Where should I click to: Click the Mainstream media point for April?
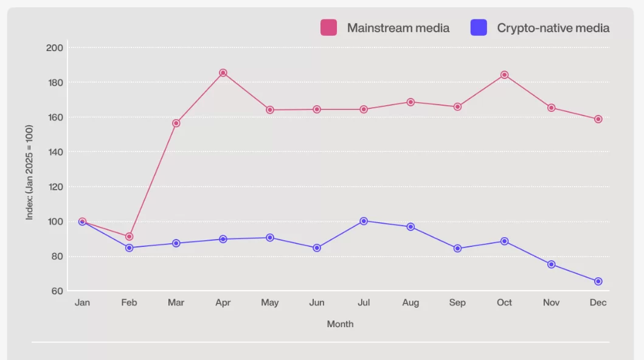[223, 73]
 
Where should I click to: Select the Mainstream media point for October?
[504, 75]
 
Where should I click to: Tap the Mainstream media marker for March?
[176, 123]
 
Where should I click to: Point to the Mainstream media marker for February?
[129, 237]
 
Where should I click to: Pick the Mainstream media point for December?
[598, 119]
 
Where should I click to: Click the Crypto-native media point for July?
[364, 221]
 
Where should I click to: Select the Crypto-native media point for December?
[598, 282]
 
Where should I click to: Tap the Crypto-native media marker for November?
[551, 265]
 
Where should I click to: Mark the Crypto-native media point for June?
[317, 248]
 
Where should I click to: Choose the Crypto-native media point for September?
[457, 249]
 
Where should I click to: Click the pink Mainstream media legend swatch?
[329, 27]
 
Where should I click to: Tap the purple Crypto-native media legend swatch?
[479, 27]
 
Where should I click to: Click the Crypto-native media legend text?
[553, 28]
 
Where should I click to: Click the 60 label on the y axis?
[57, 291]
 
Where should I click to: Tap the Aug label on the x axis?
[410, 303]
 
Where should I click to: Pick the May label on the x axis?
[270, 303]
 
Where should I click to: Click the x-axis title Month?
[340, 324]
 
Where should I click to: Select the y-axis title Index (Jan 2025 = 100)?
[29, 172]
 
